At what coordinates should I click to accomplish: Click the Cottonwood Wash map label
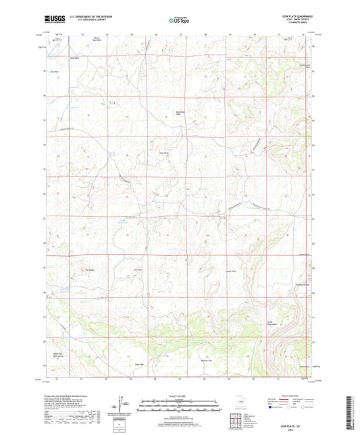tap(305, 66)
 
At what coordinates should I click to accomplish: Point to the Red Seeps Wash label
tap(180, 113)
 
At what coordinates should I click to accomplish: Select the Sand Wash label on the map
tap(163, 153)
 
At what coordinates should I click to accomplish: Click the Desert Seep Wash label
tap(97, 39)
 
